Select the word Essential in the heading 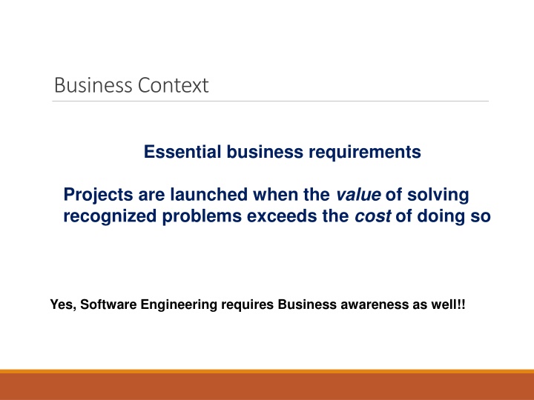(174, 153)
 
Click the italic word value (358, 196)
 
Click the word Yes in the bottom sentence (60, 304)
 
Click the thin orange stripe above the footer (267, 371)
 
